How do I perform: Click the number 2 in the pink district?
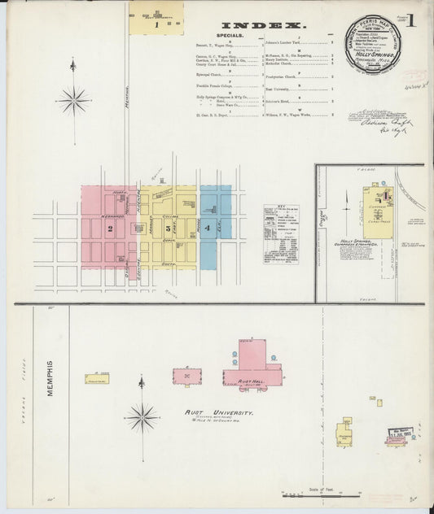[109, 229]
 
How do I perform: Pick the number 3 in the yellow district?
[167, 229]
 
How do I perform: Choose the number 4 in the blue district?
[208, 229]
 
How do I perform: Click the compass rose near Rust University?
[142, 418]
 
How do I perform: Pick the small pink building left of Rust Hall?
[186, 377]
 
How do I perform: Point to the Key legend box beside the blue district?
[280, 234]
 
